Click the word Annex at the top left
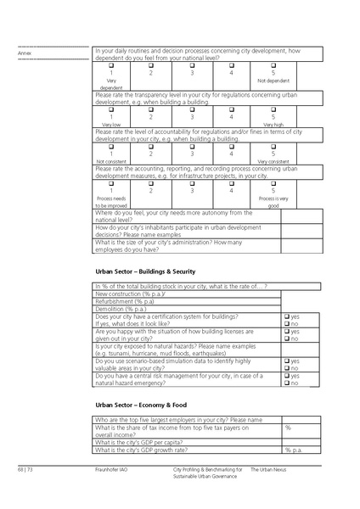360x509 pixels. pos(24,53)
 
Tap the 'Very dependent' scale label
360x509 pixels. pos(110,84)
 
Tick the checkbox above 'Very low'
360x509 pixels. pos(110,109)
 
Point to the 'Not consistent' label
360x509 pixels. pos(110,160)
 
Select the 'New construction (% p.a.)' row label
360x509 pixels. pos(131,293)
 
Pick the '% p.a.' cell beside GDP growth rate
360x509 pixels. pos(294,450)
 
